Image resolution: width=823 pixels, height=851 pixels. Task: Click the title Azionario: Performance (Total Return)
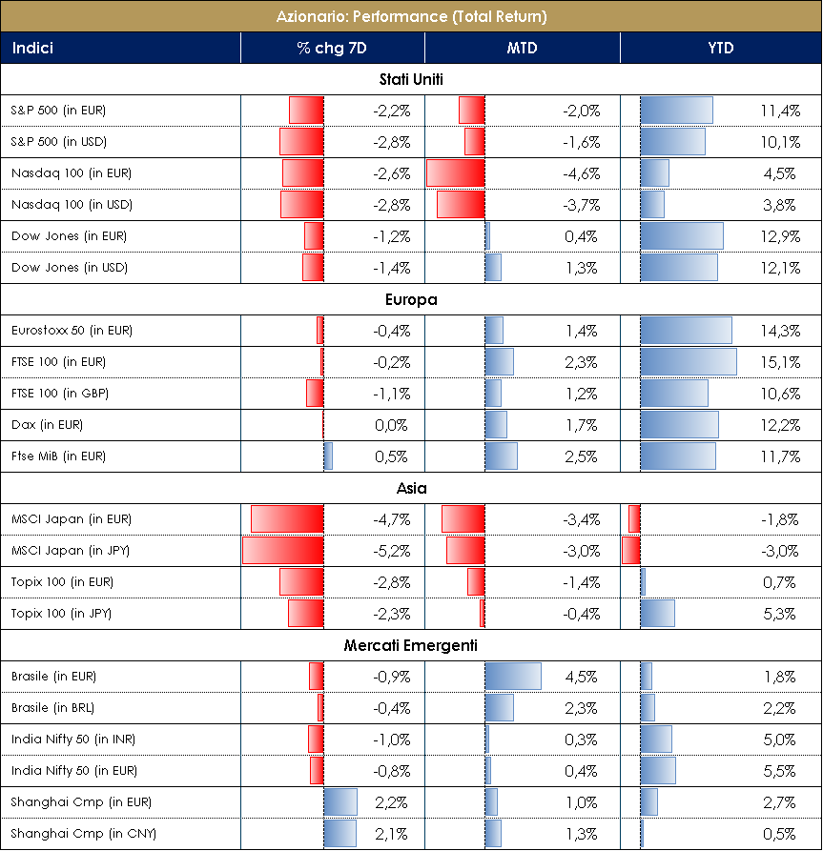click(411, 16)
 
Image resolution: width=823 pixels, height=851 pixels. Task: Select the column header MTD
click(522, 48)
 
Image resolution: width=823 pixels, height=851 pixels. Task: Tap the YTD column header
click(720, 48)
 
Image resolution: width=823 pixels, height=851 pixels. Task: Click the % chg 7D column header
click(331, 48)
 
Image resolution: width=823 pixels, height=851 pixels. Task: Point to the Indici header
click(32, 48)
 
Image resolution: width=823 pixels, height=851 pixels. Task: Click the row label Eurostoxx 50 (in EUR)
click(72, 331)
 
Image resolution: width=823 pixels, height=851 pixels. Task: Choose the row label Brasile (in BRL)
click(53, 708)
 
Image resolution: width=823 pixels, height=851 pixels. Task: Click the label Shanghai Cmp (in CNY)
click(84, 834)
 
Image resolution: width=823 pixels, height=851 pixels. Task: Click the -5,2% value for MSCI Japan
click(391, 551)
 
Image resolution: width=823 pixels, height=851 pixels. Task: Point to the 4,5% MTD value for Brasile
click(581, 677)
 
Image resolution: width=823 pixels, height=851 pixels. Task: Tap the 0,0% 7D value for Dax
click(391, 425)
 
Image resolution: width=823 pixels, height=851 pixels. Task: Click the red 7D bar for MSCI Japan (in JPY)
click(282, 551)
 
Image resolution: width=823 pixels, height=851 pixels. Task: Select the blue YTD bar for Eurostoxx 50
click(686, 331)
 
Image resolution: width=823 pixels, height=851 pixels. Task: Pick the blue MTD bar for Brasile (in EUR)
click(513, 677)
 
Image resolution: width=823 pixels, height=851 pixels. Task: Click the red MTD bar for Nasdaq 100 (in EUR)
click(455, 173)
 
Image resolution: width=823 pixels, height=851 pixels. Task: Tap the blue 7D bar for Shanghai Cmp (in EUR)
click(340, 802)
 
